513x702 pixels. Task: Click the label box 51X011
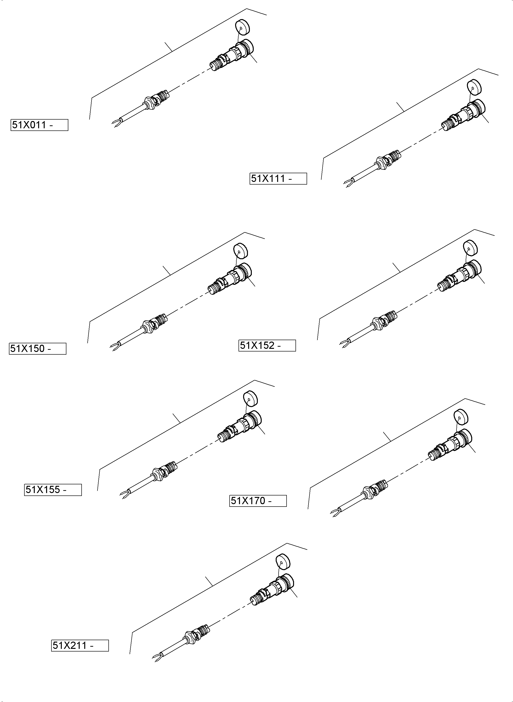click(39, 125)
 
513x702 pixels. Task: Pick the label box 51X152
click(267, 345)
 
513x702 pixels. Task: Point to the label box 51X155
click(53, 490)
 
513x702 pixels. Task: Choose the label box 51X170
click(258, 501)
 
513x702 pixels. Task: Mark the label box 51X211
click(80, 645)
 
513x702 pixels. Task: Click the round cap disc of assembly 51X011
click(243, 27)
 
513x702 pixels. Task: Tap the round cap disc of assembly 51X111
click(474, 87)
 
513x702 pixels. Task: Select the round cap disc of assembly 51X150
click(241, 251)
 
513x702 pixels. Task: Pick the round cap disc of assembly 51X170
click(461, 417)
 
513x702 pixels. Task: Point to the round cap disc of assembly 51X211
click(283, 561)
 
